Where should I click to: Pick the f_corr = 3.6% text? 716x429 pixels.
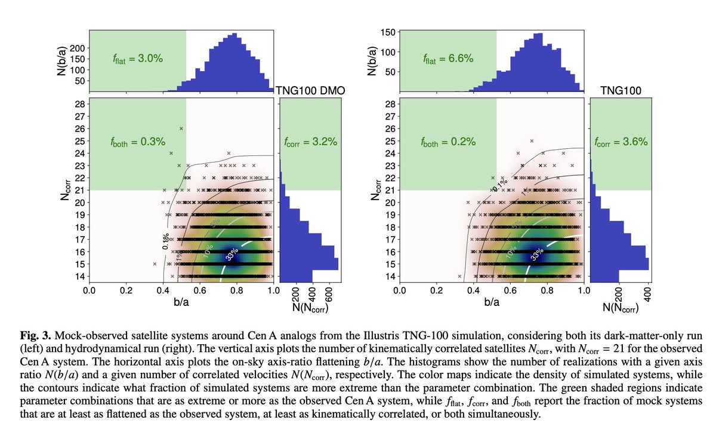[621, 142]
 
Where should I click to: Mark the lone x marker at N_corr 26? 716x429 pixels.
[181, 128]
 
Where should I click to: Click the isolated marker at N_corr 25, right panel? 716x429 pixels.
[532, 141]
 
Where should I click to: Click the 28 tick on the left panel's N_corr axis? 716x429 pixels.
[79, 103]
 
